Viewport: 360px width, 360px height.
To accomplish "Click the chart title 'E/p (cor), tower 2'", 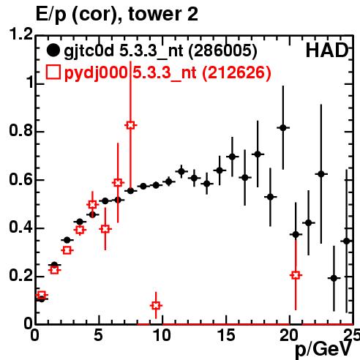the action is [116, 15].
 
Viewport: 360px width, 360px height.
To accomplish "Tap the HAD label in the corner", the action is [327, 50].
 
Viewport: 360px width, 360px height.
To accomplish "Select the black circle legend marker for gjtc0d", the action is [53, 50].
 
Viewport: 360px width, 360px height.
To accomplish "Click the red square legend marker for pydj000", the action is [53, 72].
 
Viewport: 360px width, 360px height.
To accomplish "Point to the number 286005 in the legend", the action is [223, 50].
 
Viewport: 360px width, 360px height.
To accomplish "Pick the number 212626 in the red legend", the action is [236, 72].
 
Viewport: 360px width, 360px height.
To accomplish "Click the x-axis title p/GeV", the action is [323, 349].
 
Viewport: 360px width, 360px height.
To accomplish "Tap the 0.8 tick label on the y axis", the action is [20, 131].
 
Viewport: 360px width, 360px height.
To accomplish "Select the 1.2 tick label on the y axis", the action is [20, 34].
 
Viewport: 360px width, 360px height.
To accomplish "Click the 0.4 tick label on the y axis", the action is [20, 228].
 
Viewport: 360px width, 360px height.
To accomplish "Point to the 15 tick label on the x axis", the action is [226, 335].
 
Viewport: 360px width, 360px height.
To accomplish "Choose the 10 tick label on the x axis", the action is [162, 335].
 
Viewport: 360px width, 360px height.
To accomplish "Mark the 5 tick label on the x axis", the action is [99, 335].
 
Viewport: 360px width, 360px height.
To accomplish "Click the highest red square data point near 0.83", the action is [130, 125].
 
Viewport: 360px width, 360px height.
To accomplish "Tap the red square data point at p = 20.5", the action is [296, 275].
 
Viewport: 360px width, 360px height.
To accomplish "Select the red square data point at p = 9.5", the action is [156, 305].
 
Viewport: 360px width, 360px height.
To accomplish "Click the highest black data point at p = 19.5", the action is [283, 127].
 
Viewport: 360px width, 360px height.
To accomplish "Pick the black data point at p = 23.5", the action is [334, 278].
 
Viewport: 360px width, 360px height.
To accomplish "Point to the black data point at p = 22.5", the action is [321, 174].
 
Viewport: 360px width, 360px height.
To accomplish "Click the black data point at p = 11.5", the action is [181, 171].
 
